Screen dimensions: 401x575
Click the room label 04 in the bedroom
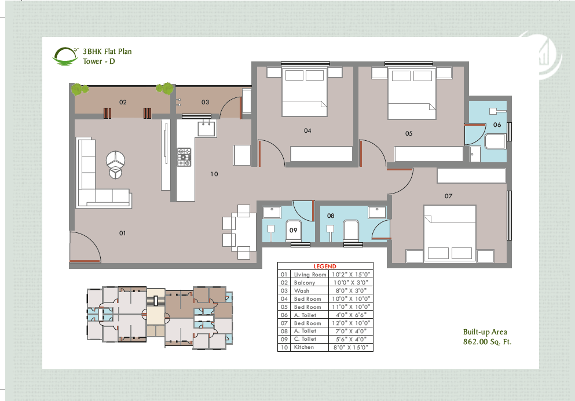[307, 130]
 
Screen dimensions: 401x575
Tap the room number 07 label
[448, 196]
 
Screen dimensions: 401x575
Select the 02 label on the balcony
[123, 102]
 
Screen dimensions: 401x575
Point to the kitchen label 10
[214, 173]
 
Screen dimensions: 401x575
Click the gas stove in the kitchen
[184, 157]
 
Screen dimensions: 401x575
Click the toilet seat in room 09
[294, 230]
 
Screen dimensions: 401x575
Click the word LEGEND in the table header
[325, 266]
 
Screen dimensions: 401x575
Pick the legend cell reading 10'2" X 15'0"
[350, 274]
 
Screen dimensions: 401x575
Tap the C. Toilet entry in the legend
[305, 339]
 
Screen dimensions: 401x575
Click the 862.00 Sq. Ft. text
[487, 342]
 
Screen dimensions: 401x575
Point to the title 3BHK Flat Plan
[107, 52]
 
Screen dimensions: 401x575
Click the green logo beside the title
[65, 56]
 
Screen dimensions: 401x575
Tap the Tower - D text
[99, 61]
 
